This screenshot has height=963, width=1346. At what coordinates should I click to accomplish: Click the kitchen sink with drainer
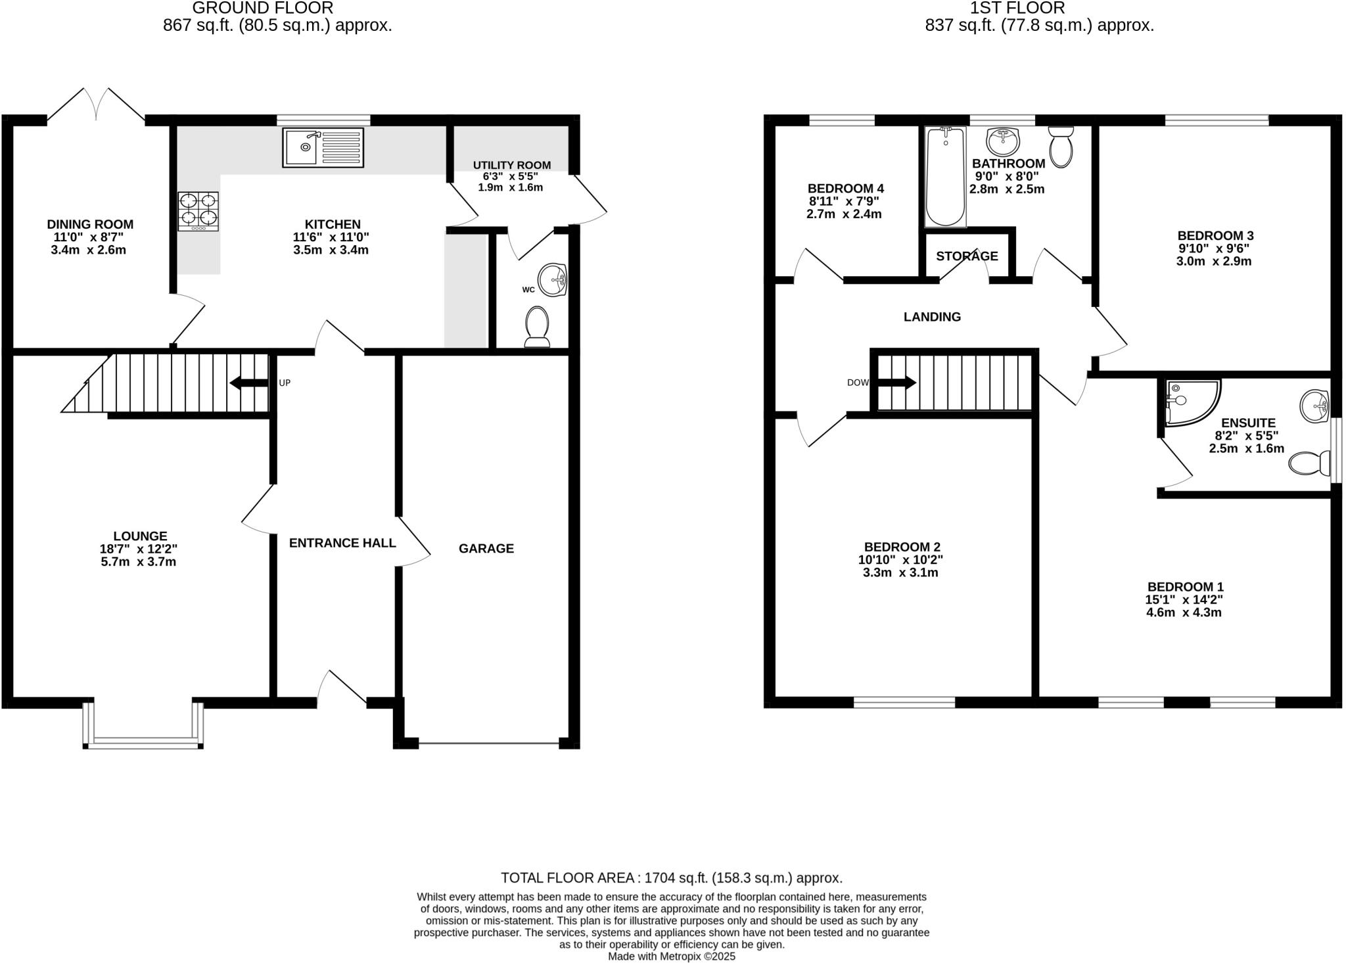pyautogui.click(x=323, y=147)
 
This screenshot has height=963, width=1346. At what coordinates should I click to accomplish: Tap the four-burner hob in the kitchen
pyautogui.click(x=198, y=211)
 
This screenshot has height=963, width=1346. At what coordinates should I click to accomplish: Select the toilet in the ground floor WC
pyautogui.click(x=537, y=326)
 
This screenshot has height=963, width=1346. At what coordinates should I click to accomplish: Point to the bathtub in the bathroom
pyautogui.click(x=945, y=176)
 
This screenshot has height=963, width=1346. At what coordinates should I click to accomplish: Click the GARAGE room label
pyautogui.click(x=486, y=548)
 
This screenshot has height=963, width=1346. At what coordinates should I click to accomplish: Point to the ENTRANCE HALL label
pyautogui.click(x=342, y=543)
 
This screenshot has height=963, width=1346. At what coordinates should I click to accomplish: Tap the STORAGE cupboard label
pyautogui.click(x=967, y=256)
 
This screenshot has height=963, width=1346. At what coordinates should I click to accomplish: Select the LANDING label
pyautogui.click(x=931, y=317)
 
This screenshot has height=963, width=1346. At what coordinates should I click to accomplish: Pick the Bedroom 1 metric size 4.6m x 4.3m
pyautogui.click(x=1184, y=613)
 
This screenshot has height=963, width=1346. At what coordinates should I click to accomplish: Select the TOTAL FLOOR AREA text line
pyautogui.click(x=671, y=878)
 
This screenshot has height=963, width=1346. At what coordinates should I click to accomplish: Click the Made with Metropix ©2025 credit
pyautogui.click(x=671, y=956)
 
